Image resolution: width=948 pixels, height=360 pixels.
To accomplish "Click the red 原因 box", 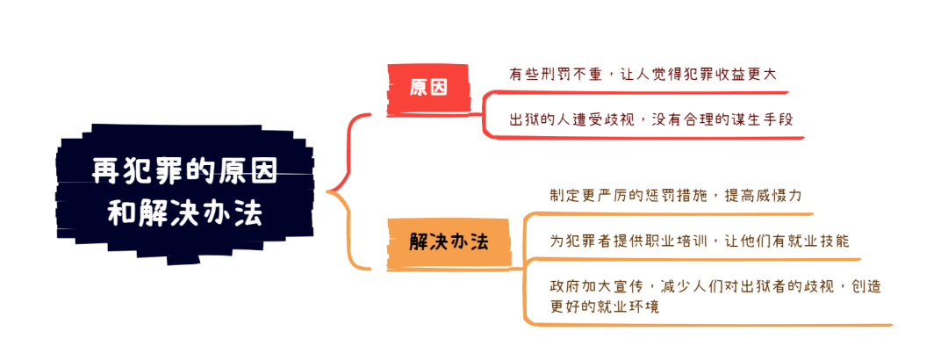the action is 428,89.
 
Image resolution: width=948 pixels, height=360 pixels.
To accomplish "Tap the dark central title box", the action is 185,193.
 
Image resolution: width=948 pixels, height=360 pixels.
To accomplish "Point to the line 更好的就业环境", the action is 604,306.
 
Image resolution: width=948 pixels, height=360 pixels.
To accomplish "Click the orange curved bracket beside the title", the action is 348,231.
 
